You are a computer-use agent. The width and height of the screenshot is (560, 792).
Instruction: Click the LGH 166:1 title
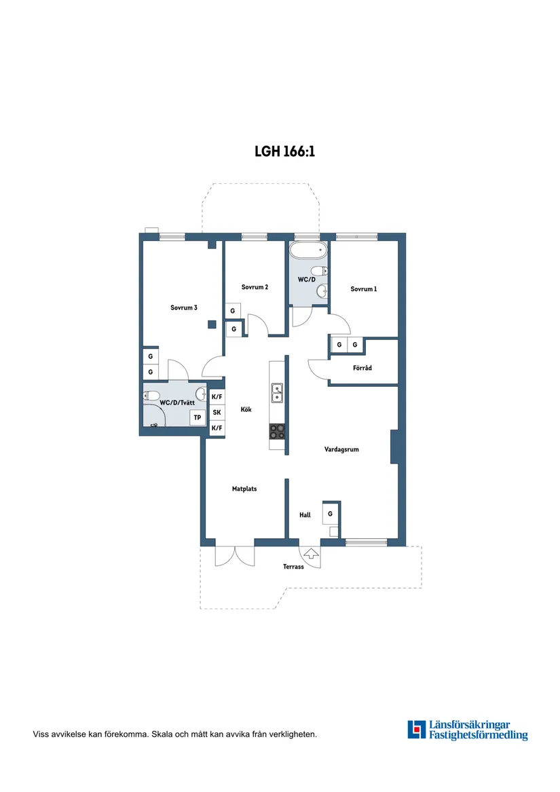point(284,151)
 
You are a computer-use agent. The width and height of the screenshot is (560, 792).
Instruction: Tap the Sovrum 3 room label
point(183,307)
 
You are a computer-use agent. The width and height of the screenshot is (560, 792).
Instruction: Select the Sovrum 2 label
point(255,287)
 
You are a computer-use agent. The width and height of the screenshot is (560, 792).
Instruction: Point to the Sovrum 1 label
point(363,289)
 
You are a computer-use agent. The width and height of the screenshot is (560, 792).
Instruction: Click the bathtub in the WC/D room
point(308,250)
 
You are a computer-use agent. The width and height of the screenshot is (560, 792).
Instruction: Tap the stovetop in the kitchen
point(277,432)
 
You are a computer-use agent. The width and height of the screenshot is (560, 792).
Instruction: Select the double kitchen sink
point(277,393)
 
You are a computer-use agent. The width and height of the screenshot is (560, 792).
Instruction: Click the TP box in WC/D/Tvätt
point(198,418)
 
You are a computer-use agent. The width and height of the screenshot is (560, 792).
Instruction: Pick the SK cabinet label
point(217,413)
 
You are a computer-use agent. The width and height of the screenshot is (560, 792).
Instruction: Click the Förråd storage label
point(362,369)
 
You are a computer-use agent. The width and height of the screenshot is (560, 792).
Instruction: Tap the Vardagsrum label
point(341,449)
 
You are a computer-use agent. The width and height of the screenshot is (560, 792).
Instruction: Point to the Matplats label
point(244,489)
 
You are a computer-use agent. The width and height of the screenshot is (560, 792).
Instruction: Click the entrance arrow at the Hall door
point(311,554)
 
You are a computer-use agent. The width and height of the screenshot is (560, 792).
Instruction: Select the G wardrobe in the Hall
point(331,514)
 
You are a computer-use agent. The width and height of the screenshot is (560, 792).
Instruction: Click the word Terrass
point(293,567)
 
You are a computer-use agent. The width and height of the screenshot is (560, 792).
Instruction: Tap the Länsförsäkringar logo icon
point(417,730)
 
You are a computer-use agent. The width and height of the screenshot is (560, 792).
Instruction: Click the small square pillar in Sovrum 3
point(212,325)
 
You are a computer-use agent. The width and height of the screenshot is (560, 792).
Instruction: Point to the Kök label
point(246,410)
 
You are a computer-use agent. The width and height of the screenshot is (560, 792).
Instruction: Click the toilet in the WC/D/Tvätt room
point(152,396)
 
